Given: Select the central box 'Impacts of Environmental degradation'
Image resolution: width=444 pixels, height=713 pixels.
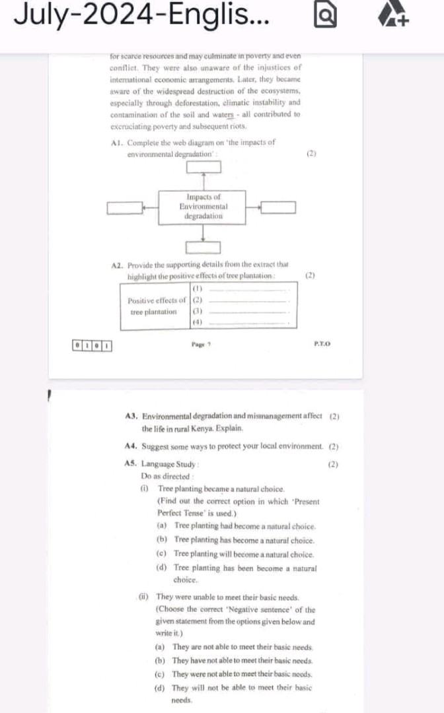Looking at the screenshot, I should pyautogui.click(x=203, y=207).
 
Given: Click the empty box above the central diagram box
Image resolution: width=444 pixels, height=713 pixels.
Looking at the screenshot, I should pyautogui.click(x=203, y=167).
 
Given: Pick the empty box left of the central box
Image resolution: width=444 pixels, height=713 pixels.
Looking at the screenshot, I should pyautogui.click(x=126, y=209).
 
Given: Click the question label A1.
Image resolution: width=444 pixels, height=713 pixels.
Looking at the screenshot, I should pyautogui.click(x=119, y=143).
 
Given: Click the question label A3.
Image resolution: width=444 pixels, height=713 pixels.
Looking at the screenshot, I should pyautogui.click(x=130, y=416).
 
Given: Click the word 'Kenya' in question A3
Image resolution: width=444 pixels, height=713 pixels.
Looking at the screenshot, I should pyautogui.click(x=200, y=428).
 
